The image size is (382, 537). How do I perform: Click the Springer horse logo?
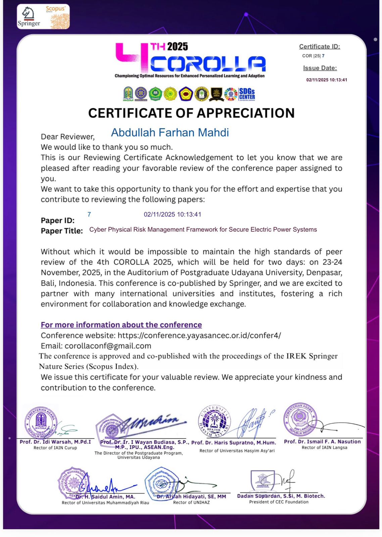tap(28, 13)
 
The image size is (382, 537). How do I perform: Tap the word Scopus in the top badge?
tap(55, 9)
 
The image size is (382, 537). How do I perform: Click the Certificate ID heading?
tap(319, 47)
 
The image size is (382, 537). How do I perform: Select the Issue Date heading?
tap(320, 68)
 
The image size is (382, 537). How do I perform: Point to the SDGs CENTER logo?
tap(247, 94)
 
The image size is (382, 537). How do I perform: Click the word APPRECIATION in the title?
tap(246, 113)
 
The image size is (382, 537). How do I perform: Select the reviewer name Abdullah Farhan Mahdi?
tap(170, 133)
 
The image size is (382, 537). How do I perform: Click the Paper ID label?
tap(58, 221)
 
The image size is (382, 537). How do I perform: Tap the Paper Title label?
tap(62, 231)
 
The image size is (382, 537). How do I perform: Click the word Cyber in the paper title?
tap(97, 230)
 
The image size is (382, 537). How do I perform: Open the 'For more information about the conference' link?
tap(121, 325)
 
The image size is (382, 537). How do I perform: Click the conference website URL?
tap(199, 335)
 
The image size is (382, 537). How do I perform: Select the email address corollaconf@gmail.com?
tap(108, 346)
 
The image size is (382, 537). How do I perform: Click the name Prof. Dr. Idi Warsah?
tap(55, 442)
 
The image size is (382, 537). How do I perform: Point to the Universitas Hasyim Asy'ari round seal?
tap(214, 421)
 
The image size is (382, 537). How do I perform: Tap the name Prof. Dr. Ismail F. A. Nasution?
tap(322, 442)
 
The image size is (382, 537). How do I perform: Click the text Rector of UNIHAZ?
tap(191, 502)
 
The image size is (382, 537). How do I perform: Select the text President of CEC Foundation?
tap(279, 502)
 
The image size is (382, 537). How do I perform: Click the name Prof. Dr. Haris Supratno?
tap(234, 443)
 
